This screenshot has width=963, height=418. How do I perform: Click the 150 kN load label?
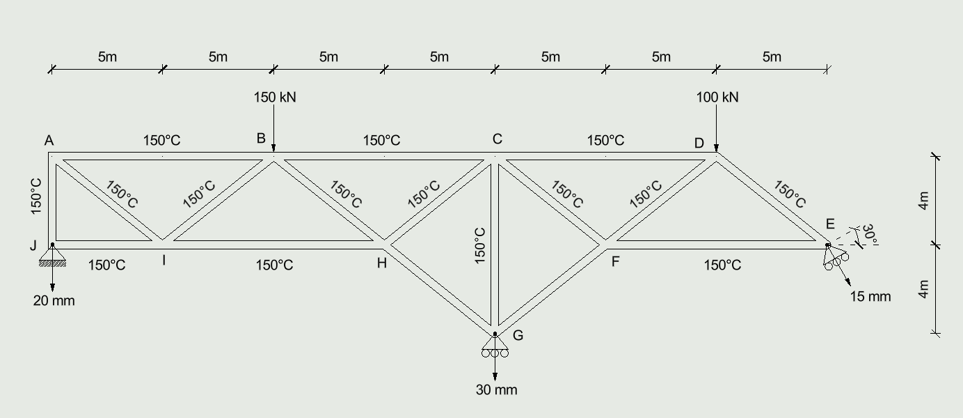[x=275, y=98]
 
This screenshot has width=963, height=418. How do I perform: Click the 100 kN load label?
[x=717, y=98]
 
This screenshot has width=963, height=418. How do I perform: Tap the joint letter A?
[x=49, y=140]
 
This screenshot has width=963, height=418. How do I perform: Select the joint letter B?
[x=261, y=138]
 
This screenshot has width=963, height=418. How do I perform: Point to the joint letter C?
[x=497, y=139]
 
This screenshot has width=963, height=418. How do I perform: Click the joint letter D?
[x=699, y=143]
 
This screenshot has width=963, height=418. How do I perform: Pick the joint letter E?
[x=830, y=224]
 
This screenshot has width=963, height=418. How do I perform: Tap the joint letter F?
[x=615, y=261]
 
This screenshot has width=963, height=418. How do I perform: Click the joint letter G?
[x=518, y=335]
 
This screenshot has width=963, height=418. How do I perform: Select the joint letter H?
[x=382, y=263]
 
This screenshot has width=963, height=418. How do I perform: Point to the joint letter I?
[x=164, y=261]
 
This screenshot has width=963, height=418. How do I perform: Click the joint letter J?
[x=33, y=245]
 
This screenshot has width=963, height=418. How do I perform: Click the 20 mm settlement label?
[x=54, y=300]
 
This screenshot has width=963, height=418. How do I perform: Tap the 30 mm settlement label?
[x=497, y=389]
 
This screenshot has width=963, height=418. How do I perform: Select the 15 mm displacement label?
[x=870, y=296]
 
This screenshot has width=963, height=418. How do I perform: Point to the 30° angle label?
[x=870, y=235]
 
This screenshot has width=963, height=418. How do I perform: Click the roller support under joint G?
[x=495, y=346]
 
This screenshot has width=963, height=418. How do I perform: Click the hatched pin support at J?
[x=52, y=255]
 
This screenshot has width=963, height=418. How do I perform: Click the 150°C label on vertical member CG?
[x=480, y=246]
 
